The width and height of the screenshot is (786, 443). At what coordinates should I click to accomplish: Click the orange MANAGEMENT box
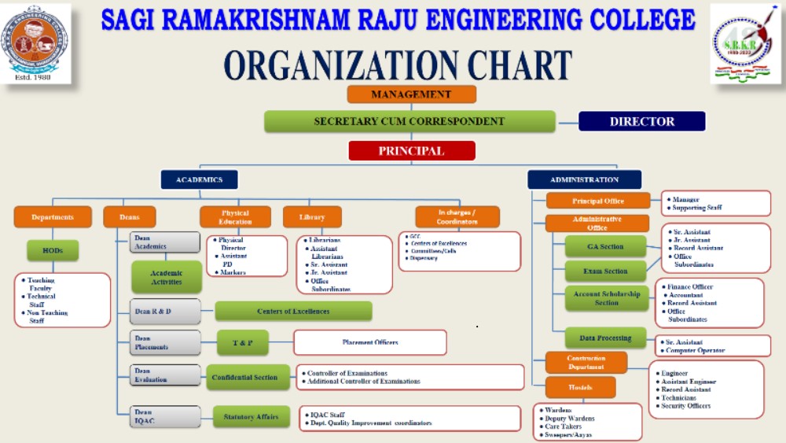coord(411,94)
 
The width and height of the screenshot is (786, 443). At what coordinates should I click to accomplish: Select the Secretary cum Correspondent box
coord(409,121)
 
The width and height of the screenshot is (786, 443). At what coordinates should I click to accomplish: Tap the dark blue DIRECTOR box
coord(641,121)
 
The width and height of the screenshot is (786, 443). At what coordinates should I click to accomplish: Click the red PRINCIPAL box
coord(411,150)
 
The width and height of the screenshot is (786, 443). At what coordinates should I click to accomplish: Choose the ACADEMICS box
coord(199,179)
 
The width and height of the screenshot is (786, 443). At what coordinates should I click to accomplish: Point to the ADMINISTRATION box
coord(584,179)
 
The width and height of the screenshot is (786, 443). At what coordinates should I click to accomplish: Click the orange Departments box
coord(53,217)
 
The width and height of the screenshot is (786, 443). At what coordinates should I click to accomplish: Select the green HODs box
coord(53,251)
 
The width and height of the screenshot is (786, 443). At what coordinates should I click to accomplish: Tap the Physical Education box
coord(235,217)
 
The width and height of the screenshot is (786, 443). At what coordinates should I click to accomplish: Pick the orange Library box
coord(312,217)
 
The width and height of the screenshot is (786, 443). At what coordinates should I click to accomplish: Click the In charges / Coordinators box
coord(457,217)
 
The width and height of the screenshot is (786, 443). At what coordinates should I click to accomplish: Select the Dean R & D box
coord(165,312)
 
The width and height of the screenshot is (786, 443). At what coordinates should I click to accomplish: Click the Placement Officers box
coord(369,342)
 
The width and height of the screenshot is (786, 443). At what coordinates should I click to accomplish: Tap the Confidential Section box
coord(244,378)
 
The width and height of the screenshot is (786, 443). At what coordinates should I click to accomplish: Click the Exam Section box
coord(605,271)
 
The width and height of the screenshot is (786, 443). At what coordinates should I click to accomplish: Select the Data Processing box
coord(605,338)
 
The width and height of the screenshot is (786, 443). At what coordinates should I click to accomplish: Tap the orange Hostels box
coord(580,387)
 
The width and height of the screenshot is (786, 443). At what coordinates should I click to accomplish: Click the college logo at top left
coord(37,43)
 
